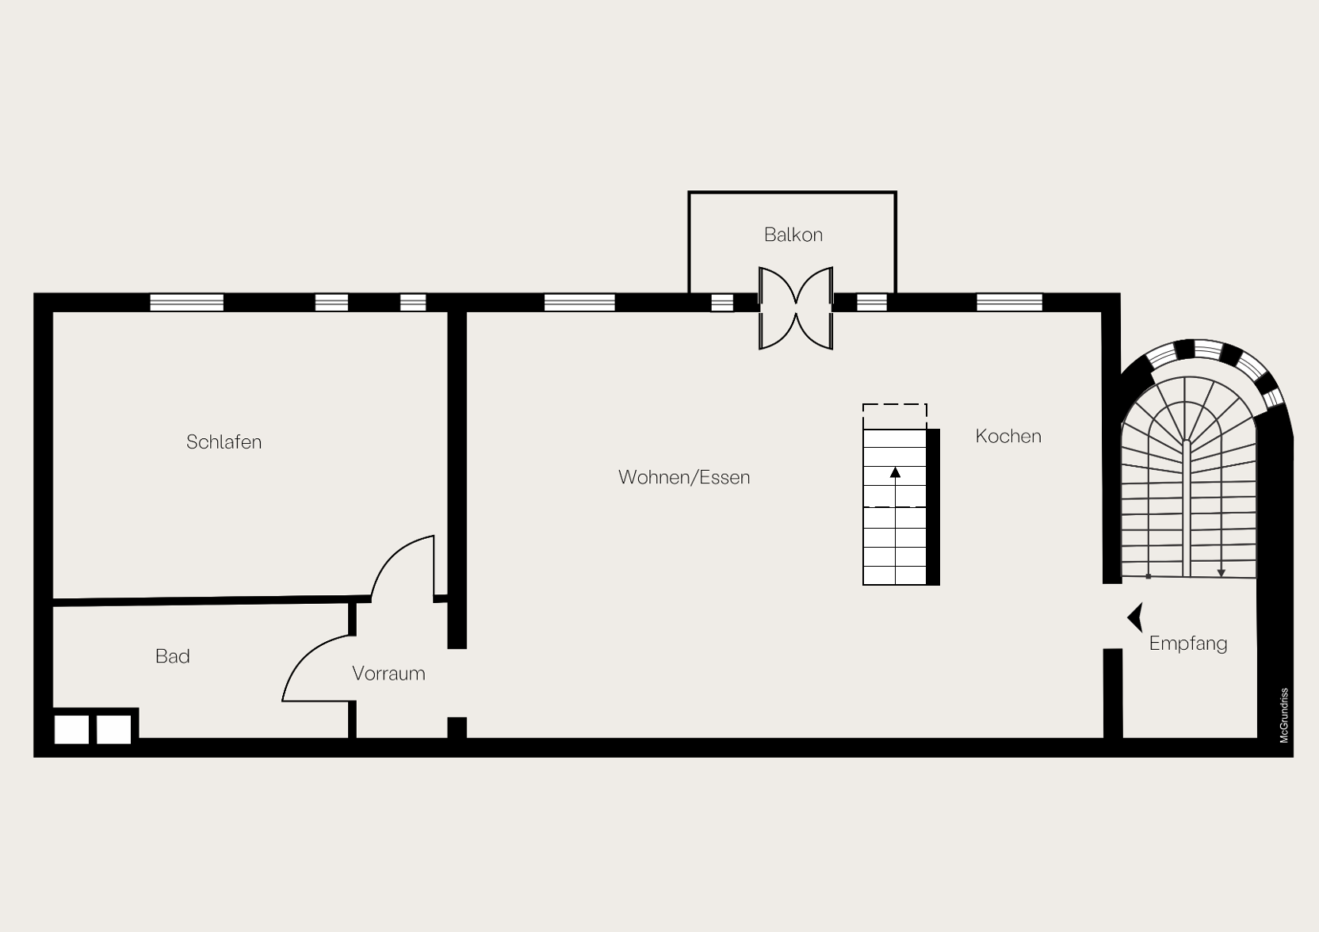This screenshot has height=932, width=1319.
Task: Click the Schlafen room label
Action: click(224, 442)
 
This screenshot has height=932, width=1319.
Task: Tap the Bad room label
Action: click(173, 656)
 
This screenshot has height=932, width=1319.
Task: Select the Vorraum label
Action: click(388, 674)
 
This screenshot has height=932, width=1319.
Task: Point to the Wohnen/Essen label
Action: click(684, 477)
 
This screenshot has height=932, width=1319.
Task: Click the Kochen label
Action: click(1008, 436)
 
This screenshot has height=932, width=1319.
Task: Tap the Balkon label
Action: click(793, 235)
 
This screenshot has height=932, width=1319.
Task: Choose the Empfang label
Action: click(1188, 644)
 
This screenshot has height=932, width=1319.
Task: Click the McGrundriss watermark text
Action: click(1284, 716)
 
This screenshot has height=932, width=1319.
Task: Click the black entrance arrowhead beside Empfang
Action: click(1135, 617)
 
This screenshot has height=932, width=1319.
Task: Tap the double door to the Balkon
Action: click(796, 308)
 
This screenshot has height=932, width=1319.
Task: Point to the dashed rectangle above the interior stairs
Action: click(894, 404)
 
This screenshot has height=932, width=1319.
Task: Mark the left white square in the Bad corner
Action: click(72, 730)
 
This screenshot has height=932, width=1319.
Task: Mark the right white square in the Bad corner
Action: click(113, 730)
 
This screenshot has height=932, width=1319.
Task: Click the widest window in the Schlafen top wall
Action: click(186, 303)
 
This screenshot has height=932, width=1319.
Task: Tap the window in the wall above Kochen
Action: click(1009, 303)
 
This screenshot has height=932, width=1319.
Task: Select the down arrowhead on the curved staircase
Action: click(1222, 573)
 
